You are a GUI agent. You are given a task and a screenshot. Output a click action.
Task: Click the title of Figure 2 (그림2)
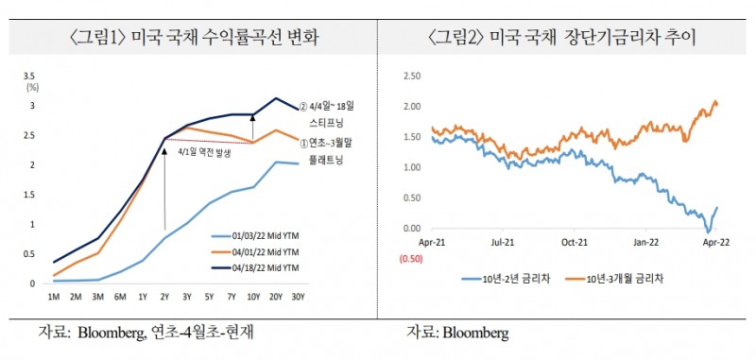(567, 39)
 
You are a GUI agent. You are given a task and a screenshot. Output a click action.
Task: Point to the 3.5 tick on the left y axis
(29, 75)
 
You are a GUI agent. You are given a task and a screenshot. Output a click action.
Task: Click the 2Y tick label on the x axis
(165, 296)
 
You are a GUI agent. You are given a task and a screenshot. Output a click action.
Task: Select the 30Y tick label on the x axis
(299, 296)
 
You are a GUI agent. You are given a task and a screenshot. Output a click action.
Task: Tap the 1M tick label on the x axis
(54, 296)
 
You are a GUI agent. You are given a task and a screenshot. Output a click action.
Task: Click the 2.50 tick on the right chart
(409, 76)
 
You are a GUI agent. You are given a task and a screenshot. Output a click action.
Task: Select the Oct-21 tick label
(572, 243)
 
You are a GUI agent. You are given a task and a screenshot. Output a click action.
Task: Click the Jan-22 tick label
(645, 243)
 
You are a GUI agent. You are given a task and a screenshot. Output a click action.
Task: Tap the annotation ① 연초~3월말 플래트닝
(335, 151)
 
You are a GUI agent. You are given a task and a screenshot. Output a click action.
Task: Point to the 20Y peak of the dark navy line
(276, 97)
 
